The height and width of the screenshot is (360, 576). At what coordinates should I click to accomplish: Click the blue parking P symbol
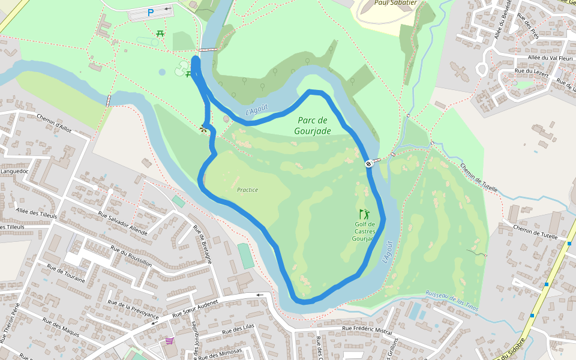pos(151,12)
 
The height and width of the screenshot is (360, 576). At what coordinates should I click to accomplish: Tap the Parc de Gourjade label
pos(313,125)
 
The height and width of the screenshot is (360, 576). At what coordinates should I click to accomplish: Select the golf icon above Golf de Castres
pos(364,214)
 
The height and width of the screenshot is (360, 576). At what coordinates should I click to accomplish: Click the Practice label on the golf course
pos(247,190)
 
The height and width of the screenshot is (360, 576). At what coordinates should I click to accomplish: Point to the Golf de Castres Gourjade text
pos(364,232)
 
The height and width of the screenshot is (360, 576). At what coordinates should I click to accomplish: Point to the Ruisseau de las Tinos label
pos(451,297)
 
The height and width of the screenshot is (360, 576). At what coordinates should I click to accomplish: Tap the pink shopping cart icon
pos(170,341)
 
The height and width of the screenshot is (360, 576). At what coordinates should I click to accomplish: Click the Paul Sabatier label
pos(395,2)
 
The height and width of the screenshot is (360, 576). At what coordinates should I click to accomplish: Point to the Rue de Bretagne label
pos(202,244)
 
